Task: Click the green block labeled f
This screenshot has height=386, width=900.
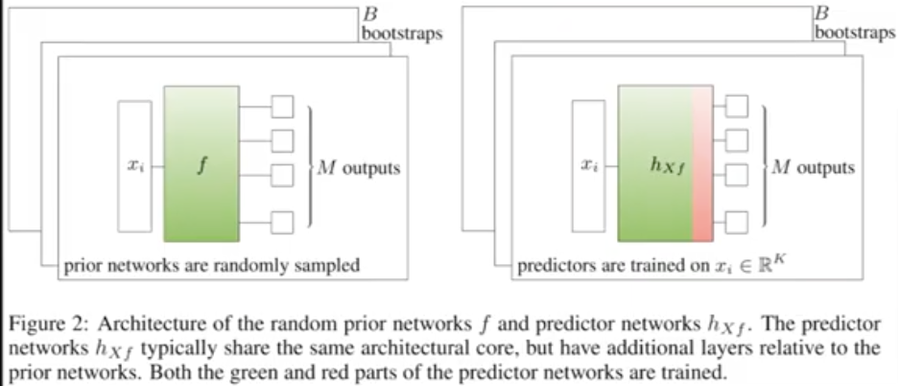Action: pyautogui.click(x=201, y=163)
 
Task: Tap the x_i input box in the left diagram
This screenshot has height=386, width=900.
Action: pyautogui.click(x=134, y=165)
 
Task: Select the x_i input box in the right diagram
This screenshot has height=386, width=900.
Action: pyautogui.click(x=589, y=165)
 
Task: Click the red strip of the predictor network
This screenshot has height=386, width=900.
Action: pyautogui.click(x=703, y=163)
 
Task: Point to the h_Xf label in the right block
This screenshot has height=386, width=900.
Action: pyautogui.click(x=667, y=166)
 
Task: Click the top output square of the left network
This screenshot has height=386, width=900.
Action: pyautogui.click(x=282, y=105)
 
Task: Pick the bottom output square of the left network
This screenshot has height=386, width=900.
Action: pyautogui.click(x=282, y=223)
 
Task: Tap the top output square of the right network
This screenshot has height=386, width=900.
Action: pyautogui.click(x=737, y=105)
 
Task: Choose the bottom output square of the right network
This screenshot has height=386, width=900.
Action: pyautogui.click(x=737, y=223)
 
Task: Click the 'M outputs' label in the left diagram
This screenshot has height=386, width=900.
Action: pyautogui.click(x=358, y=168)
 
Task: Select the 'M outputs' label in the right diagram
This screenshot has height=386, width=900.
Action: pyautogui.click(x=812, y=168)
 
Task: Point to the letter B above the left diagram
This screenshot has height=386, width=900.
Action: pyautogui.click(x=368, y=15)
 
